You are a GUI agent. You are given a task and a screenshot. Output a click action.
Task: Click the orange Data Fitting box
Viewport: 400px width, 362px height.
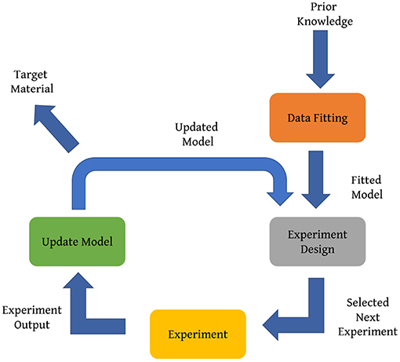tap(317, 119)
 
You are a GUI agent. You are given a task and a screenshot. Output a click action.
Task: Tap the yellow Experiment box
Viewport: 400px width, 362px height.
tap(198, 334)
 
